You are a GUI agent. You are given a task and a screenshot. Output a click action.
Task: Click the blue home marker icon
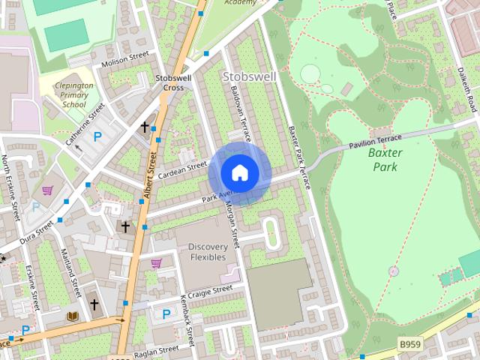[x=239, y=173]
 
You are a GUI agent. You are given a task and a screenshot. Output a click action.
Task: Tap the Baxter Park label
[x=386, y=160]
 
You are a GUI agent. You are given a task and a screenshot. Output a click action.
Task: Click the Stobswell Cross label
[x=169, y=82]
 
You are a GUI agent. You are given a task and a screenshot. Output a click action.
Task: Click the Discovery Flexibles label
[x=207, y=252]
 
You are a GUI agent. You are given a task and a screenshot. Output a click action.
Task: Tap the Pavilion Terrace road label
[x=374, y=140]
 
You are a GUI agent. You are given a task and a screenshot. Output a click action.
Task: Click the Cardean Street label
[x=182, y=170]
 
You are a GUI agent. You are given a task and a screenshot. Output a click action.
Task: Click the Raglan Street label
[x=156, y=350]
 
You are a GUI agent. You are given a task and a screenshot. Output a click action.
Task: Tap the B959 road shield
[x=409, y=343]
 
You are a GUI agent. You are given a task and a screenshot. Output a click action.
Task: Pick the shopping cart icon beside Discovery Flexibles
[x=157, y=262]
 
